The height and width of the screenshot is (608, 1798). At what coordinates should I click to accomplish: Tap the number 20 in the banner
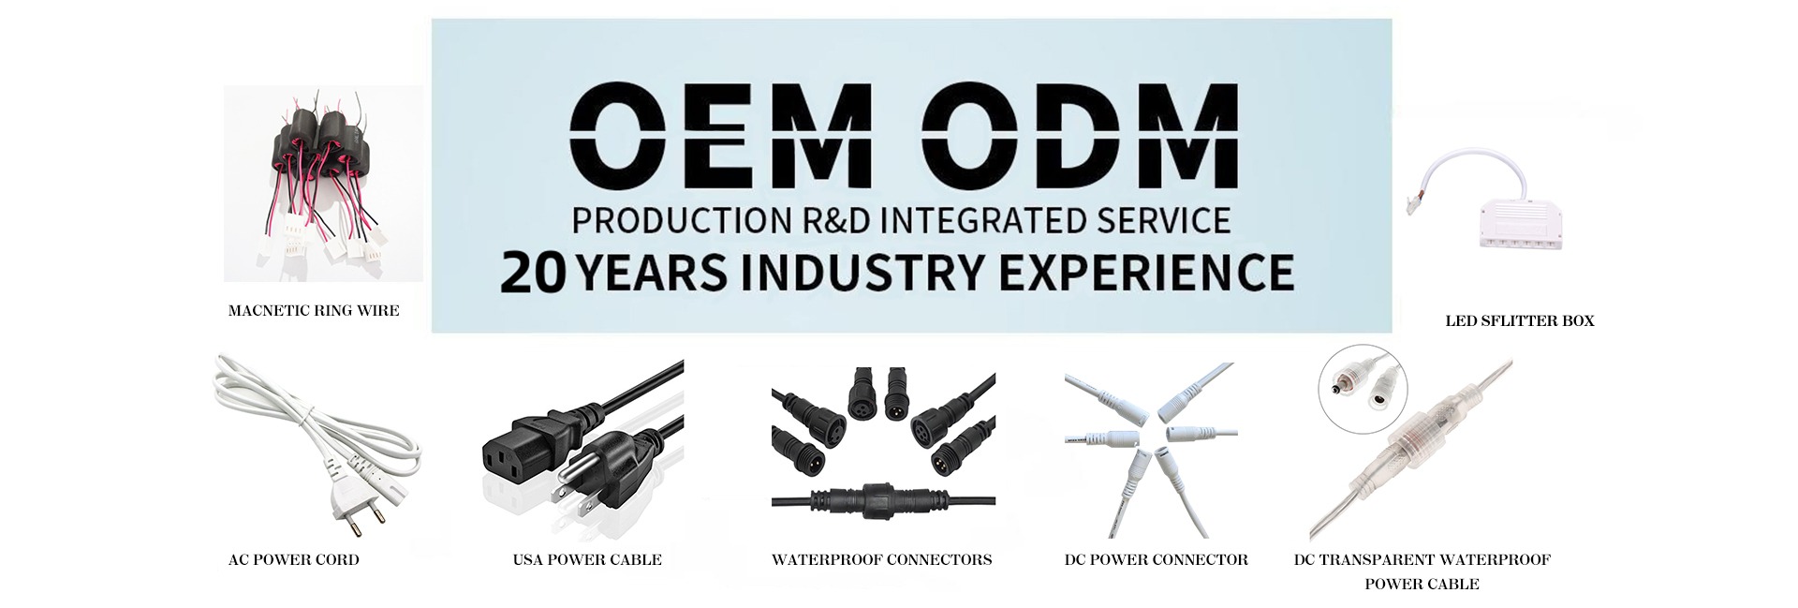(533, 273)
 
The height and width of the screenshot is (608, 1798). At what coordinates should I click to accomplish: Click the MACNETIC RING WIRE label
(314, 311)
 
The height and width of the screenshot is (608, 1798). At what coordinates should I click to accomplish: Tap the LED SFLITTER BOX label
(1520, 321)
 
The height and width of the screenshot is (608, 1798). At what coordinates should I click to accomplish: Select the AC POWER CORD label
(294, 560)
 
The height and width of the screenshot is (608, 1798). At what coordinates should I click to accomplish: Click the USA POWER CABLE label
(587, 560)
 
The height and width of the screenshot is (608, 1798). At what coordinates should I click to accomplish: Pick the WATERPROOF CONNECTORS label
(882, 560)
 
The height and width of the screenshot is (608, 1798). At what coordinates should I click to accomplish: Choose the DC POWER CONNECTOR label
(1157, 560)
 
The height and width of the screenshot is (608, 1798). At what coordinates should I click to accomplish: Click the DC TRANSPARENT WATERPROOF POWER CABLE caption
(1422, 572)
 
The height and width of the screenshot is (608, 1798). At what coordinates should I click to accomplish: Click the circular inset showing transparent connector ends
(1363, 394)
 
